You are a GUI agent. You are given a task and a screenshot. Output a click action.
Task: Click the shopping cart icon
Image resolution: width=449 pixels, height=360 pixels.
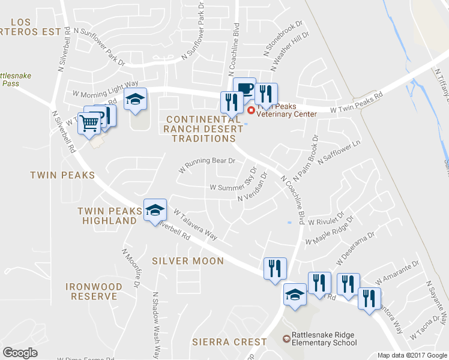(x=89, y=124)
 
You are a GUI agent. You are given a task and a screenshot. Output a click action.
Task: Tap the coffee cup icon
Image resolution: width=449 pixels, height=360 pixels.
(x=244, y=88)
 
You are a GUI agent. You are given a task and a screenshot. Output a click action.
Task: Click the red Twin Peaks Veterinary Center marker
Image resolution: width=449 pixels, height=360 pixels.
(x=251, y=110)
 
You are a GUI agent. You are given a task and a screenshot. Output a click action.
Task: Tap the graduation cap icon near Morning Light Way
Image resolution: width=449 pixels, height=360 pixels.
(x=136, y=99)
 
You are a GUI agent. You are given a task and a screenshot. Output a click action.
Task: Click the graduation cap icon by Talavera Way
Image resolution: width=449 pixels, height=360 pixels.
(x=155, y=210)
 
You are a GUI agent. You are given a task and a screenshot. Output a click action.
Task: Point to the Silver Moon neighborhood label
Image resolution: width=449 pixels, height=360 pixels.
(x=188, y=261)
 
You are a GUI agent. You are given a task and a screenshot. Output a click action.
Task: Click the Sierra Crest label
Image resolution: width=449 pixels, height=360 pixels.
(x=229, y=342)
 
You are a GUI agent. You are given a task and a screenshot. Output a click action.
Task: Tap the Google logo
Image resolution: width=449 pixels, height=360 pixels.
(x=20, y=353)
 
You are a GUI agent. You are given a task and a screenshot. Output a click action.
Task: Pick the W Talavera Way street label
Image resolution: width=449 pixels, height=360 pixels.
(x=195, y=224)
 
